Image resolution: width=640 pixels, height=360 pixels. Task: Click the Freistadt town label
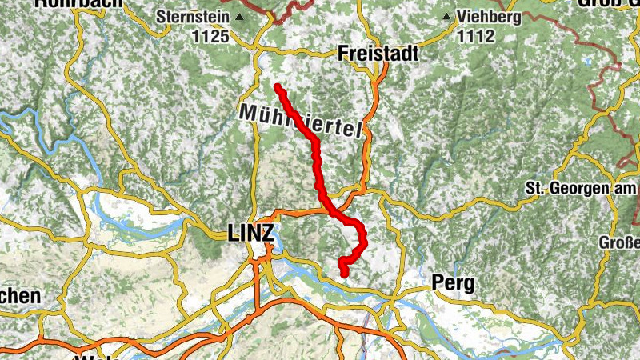(x=378, y=53)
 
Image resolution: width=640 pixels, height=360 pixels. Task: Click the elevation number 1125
(x=210, y=36)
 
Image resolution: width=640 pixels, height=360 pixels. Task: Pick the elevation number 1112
(x=475, y=36)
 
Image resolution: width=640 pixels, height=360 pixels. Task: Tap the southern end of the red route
(x=345, y=274)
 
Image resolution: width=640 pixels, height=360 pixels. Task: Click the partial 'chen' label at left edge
(x=19, y=295)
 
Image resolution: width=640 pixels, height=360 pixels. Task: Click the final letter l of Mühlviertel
(x=358, y=133)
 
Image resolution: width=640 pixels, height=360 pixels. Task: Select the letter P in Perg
(x=437, y=282)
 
